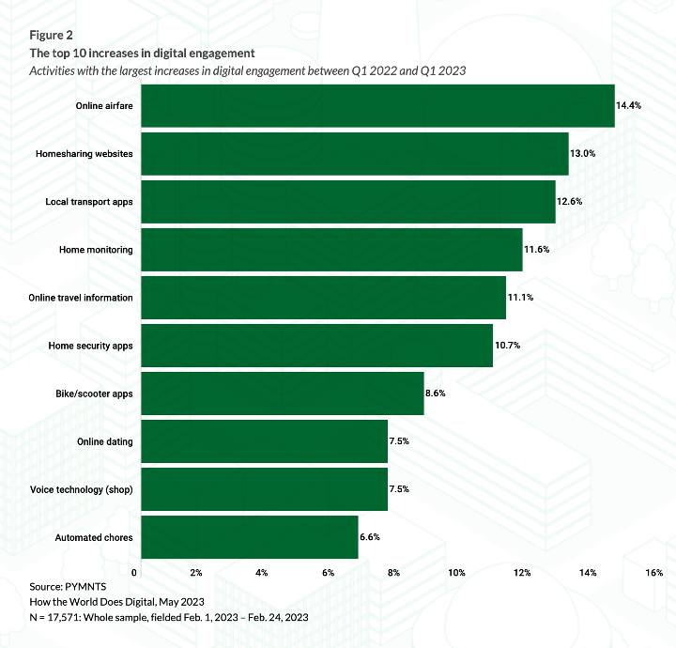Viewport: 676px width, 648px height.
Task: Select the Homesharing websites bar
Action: [x=355, y=154]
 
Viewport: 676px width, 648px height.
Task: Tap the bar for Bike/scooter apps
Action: [x=282, y=393]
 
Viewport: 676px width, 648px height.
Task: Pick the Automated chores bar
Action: [x=250, y=537]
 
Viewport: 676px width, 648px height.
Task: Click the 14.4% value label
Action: [x=628, y=106]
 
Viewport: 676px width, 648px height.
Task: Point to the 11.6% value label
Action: [x=536, y=250]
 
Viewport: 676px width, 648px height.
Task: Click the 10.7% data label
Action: [x=507, y=346]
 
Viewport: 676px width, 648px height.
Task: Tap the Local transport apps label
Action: [x=89, y=202]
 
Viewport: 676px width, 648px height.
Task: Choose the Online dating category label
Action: [x=104, y=441]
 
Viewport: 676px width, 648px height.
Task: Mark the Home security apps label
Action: [x=90, y=346]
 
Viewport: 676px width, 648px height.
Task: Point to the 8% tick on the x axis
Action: [x=393, y=573]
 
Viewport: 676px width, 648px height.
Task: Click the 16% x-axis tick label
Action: [x=654, y=573]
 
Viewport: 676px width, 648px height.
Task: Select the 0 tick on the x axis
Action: [x=135, y=573]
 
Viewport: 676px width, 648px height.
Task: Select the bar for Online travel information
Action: [x=324, y=298]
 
